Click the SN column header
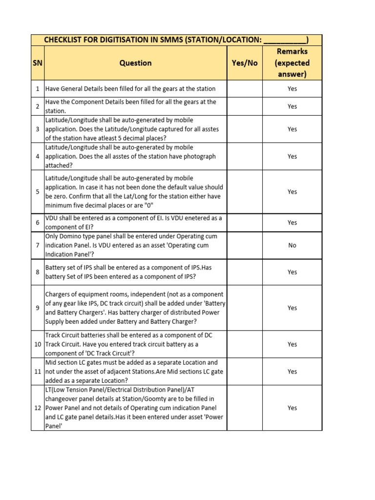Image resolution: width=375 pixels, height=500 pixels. click(38, 63)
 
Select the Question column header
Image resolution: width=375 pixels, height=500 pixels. click(135, 63)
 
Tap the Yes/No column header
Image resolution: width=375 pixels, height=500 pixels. click(244, 63)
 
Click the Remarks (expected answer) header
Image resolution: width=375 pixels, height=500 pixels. click(292, 63)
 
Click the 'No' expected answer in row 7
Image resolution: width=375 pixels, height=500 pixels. click(292, 246)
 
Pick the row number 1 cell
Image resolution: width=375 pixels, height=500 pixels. click(38, 89)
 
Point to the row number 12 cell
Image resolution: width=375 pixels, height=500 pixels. click(38, 408)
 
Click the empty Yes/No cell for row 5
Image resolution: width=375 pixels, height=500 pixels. click(244, 192)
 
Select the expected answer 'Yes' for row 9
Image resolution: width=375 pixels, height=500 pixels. click(292, 308)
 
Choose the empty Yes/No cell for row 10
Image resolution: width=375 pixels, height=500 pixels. click(244, 344)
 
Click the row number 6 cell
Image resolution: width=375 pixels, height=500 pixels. click(38, 223)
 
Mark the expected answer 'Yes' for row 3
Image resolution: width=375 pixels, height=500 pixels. click(292, 129)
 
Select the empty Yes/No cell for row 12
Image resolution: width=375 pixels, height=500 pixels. click(244, 408)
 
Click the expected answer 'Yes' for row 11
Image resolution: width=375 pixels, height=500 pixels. click(292, 372)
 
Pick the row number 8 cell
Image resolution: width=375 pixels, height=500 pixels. click(38, 272)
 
